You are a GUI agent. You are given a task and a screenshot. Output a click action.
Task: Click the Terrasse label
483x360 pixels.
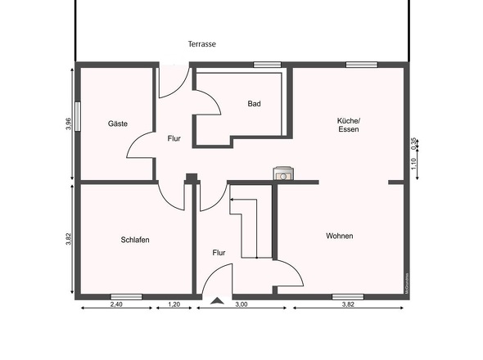click(201, 44)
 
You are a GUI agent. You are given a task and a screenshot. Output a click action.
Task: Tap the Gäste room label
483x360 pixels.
click(118, 124)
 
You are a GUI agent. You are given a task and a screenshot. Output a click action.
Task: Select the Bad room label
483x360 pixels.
click(255, 104)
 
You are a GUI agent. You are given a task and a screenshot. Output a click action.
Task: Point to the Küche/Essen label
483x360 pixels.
click(348, 125)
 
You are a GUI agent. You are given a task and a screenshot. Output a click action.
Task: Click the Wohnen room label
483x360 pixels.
click(339, 236)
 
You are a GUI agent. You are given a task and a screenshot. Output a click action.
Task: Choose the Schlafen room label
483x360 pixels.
click(134, 240)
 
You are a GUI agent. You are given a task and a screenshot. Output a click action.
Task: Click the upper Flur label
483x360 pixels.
click(174, 138)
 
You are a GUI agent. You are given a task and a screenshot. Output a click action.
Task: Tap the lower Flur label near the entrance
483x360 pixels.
click(219, 253)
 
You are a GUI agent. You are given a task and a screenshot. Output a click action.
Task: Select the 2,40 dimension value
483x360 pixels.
click(116, 304)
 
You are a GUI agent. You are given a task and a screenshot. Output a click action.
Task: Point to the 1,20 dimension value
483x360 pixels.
click(174, 304)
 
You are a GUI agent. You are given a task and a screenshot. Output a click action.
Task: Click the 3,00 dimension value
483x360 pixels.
click(241, 304)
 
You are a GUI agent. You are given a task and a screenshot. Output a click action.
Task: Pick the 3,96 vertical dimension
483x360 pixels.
click(69, 124)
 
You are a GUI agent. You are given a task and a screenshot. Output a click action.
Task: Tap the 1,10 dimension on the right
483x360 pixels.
click(414, 163)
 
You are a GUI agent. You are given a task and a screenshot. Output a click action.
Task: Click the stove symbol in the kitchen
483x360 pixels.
click(283, 173)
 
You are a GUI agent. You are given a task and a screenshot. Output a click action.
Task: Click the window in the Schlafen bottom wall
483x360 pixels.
click(126, 296)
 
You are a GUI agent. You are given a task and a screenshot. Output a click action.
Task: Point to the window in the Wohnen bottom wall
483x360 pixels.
click(347, 296)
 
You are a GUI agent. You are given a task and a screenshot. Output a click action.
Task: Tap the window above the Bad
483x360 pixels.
click(266, 65)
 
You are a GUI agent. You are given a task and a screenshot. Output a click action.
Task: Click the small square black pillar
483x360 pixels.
click(191, 178)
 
